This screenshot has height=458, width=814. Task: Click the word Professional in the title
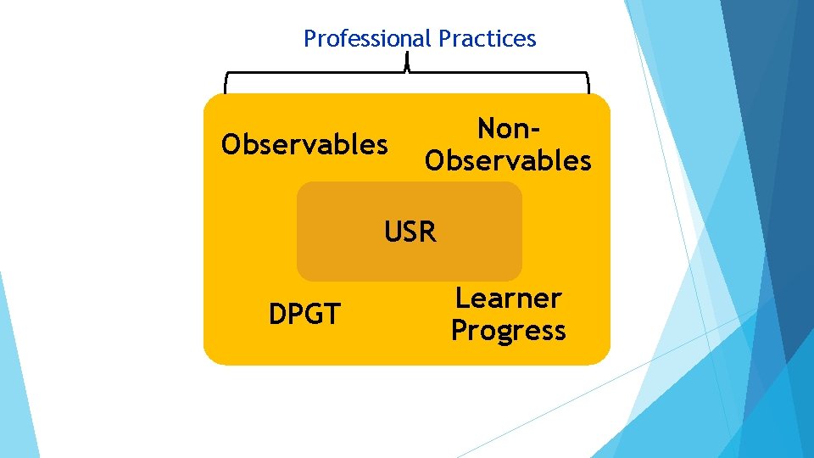368,39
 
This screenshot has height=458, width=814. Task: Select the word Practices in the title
488,39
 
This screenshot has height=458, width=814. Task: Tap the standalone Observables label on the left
304,145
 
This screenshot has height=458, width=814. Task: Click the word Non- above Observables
508,129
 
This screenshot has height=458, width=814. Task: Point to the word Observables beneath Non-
508,160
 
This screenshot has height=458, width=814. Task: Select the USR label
410,231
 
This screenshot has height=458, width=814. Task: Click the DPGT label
304,315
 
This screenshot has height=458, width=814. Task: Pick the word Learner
508,299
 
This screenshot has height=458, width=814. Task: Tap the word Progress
508,331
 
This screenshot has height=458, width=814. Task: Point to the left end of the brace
226,85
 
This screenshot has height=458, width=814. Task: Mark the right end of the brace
588,85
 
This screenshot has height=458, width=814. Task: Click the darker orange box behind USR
339,254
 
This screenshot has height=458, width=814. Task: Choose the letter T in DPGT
332,315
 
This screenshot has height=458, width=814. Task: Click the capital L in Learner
463,299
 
